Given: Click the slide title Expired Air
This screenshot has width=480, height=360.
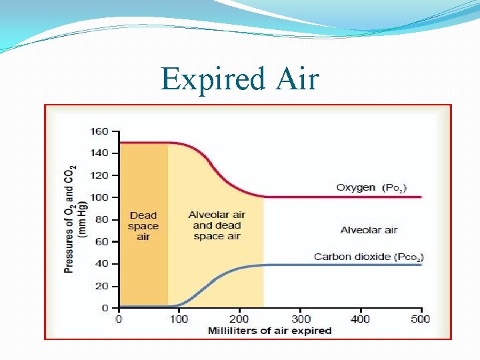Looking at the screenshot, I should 240,79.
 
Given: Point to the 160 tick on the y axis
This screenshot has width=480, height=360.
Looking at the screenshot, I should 99,131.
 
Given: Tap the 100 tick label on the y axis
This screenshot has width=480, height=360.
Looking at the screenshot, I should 99,197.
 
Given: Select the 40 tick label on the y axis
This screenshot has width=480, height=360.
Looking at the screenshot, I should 102,263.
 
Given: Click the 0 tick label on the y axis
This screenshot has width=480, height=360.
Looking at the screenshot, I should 105,308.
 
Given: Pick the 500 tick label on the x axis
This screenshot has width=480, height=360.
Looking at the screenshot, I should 421,319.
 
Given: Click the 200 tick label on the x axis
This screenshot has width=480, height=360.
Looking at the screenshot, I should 239,319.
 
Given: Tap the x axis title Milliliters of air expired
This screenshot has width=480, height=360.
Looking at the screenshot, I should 269,331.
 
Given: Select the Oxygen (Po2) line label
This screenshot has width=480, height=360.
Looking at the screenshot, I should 371,188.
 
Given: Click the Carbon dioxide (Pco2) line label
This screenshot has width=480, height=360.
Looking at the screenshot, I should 369,257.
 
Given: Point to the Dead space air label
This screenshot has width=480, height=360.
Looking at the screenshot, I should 143,225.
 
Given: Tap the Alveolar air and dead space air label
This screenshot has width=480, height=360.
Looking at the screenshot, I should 217,225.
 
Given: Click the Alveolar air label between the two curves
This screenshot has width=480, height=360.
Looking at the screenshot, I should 369,230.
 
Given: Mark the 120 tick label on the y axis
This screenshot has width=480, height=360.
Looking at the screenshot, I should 99,175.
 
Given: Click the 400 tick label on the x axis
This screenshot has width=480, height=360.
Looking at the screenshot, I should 361,319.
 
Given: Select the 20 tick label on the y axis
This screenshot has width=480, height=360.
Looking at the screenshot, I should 102,286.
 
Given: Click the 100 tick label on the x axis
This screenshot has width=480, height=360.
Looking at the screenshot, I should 179,319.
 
